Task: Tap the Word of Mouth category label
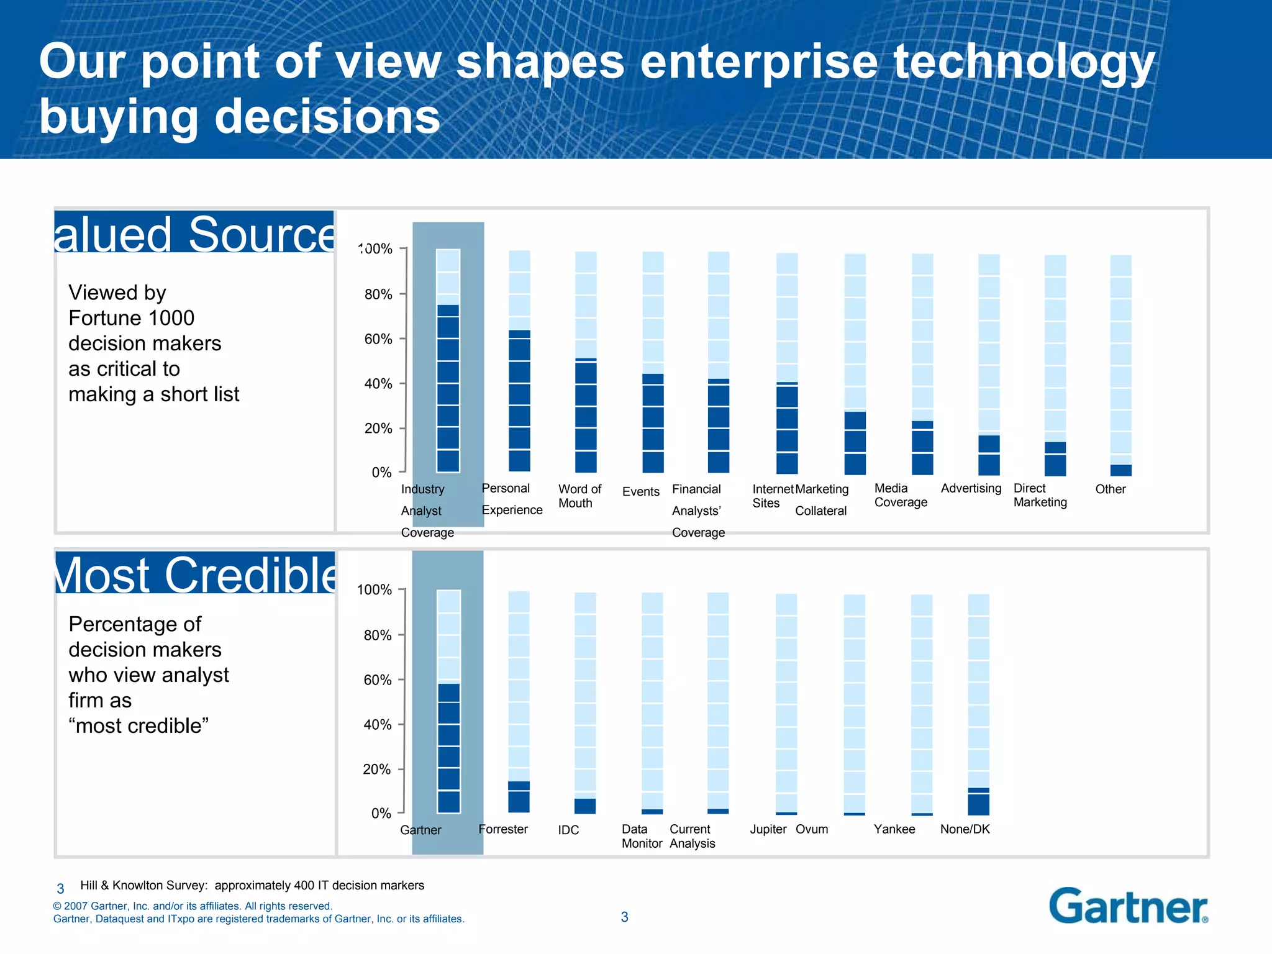click(579, 496)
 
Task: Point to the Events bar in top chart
click(653, 422)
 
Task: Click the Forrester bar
click(519, 796)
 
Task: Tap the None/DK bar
click(978, 801)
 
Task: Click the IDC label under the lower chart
click(568, 830)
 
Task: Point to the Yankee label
click(894, 829)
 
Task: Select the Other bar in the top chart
click(1120, 470)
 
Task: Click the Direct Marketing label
click(1040, 495)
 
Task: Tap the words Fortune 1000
click(131, 318)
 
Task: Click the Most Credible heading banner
click(195, 573)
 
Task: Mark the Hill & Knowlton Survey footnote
click(252, 885)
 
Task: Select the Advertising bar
click(989, 455)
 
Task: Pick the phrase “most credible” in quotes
click(139, 725)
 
